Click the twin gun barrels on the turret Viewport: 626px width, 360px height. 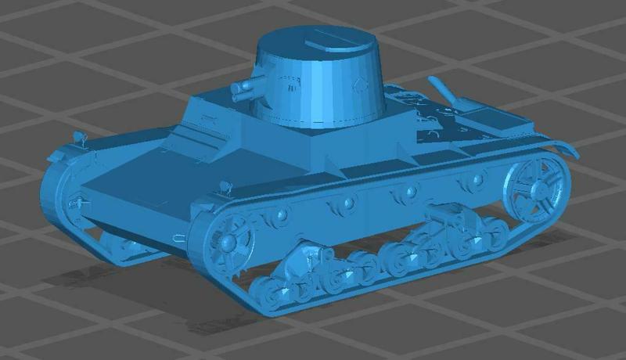[x=244, y=88]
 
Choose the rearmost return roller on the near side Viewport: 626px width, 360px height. [x=473, y=181]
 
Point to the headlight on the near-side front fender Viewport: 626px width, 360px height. [x=226, y=187]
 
